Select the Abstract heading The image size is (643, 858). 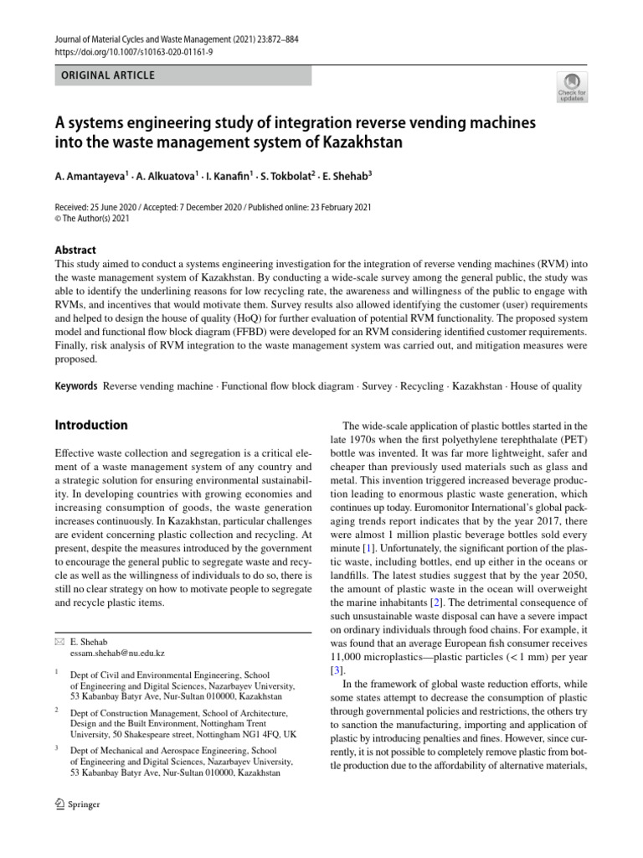75,250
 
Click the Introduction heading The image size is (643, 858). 91,425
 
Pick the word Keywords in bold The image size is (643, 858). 76,387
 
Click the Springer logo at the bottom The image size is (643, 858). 77,804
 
